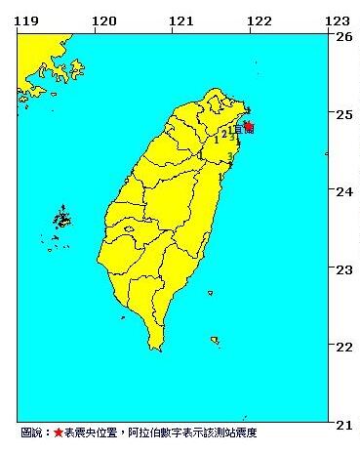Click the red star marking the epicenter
click(249, 126)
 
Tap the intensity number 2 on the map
click(224, 133)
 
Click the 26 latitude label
click(343, 36)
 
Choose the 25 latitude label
click(343, 114)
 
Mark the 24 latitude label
click(343, 191)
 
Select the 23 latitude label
click(343, 268)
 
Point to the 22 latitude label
click(343, 346)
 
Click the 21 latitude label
click(343, 423)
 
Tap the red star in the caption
click(58, 432)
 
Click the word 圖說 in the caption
click(31, 432)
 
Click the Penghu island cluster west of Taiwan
click(61, 221)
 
